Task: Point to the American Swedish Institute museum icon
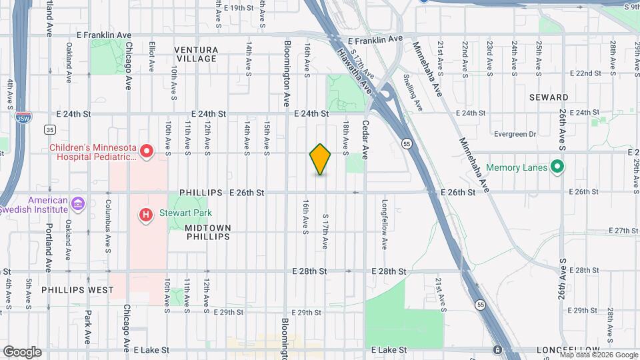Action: pos(79,203)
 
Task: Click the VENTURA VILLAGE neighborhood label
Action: pos(195,54)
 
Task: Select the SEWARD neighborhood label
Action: pos(549,97)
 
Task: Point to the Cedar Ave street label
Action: pos(365,139)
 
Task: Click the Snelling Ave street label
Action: pos(415,92)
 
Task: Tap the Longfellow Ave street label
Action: pos(385,223)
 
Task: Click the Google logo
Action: pos(22,351)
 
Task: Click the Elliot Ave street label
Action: pos(152,59)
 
